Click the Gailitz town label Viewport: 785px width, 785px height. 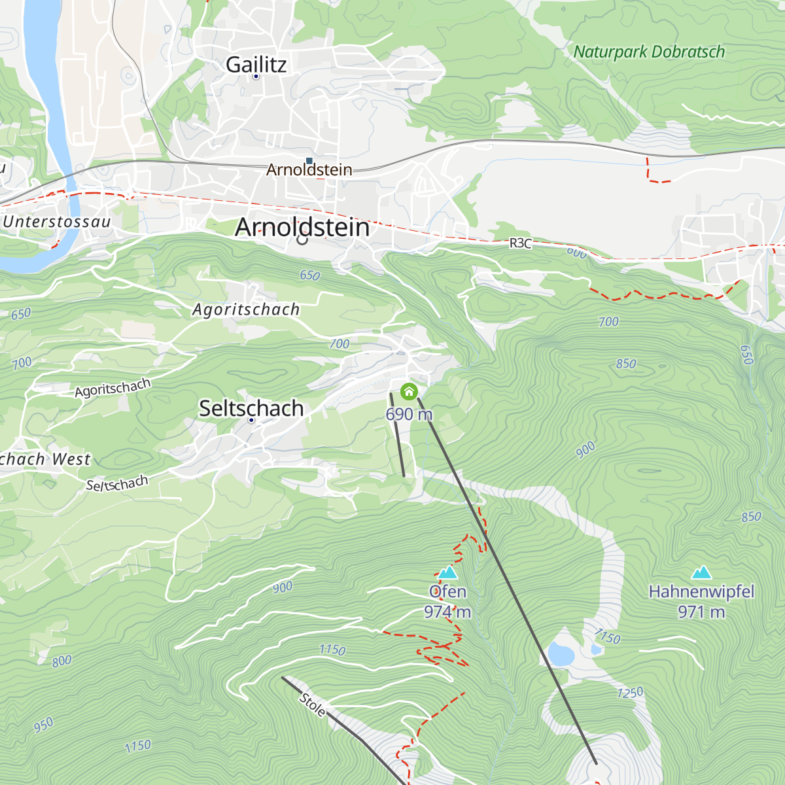(x=256, y=64)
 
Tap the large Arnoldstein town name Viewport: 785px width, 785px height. (x=302, y=227)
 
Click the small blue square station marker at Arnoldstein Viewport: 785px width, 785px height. (x=309, y=160)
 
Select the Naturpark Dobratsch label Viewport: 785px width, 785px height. (x=649, y=52)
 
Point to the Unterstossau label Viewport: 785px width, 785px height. (x=57, y=222)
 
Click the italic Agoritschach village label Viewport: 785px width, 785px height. (x=246, y=309)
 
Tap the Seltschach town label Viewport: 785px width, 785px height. (x=251, y=408)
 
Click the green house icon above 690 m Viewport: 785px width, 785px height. (x=409, y=392)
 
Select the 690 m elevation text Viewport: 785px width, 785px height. (x=409, y=414)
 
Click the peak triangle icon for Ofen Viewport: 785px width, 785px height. (x=447, y=573)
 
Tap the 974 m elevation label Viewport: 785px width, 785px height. (x=447, y=612)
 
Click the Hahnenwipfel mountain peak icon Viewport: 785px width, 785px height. (x=701, y=573)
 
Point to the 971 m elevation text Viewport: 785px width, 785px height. (x=701, y=612)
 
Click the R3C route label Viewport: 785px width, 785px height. (x=521, y=243)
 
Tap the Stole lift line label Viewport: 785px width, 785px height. (x=313, y=705)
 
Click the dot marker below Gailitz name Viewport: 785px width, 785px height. (x=256, y=77)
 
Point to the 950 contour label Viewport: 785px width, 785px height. (x=43, y=725)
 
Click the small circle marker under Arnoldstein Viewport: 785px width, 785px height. (x=302, y=239)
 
